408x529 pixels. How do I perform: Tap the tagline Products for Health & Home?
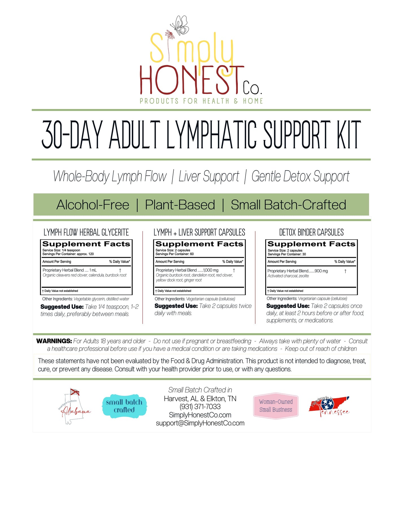coord(201,101)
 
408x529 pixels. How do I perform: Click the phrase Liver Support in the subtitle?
coord(209,177)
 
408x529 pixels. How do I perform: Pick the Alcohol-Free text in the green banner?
coord(93,205)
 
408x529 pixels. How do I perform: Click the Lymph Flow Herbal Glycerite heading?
coord(86,233)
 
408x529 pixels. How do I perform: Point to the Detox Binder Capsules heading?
coord(311,233)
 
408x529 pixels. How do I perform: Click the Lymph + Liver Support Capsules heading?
coord(199,233)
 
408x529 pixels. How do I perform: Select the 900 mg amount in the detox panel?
coord(321,271)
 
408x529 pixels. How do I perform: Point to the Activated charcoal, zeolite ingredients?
coord(288,276)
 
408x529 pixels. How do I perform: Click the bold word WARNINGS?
coord(54,341)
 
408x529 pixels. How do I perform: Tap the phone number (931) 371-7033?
coord(200,407)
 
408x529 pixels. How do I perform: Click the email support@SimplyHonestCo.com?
coord(200,423)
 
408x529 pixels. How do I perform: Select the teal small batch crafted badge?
coord(124,406)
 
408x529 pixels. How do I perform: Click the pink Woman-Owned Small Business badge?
coord(276,406)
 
